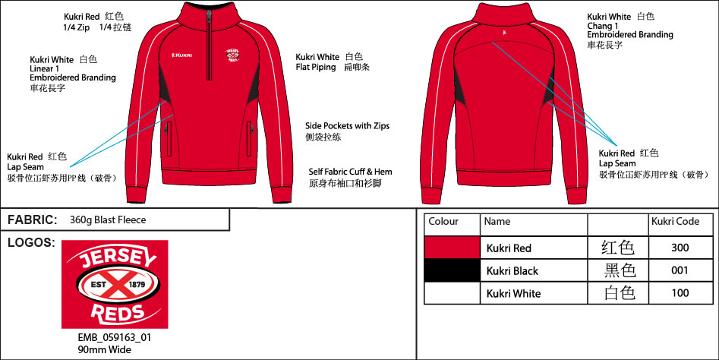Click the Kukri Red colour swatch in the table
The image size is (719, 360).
click(x=452, y=248)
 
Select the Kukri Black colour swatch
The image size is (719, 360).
click(x=452, y=270)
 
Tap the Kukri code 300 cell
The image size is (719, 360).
click(x=680, y=248)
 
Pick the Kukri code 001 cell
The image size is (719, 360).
click(x=680, y=270)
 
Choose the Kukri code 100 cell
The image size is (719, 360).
click(x=680, y=293)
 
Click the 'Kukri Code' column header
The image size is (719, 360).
click(x=676, y=222)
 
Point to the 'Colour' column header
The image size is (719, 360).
click(x=443, y=222)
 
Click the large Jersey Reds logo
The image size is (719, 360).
click(x=115, y=284)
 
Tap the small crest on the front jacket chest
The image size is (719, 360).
click(x=233, y=55)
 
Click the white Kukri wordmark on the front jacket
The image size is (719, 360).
click(x=181, y=55)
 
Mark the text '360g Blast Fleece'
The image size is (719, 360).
click(x=108, y=220)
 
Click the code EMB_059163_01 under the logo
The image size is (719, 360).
click(x=115, y=338)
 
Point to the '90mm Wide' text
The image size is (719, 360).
click(x=105, y=350)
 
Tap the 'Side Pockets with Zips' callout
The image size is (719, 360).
click(x=348, y=126)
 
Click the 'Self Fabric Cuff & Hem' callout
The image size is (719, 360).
click(x=350, y=172)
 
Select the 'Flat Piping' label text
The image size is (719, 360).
click(x=316, y=68)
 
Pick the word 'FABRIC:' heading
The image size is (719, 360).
click(x=33, y=220)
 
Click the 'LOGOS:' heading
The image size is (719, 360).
click(x=31, y=242)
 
